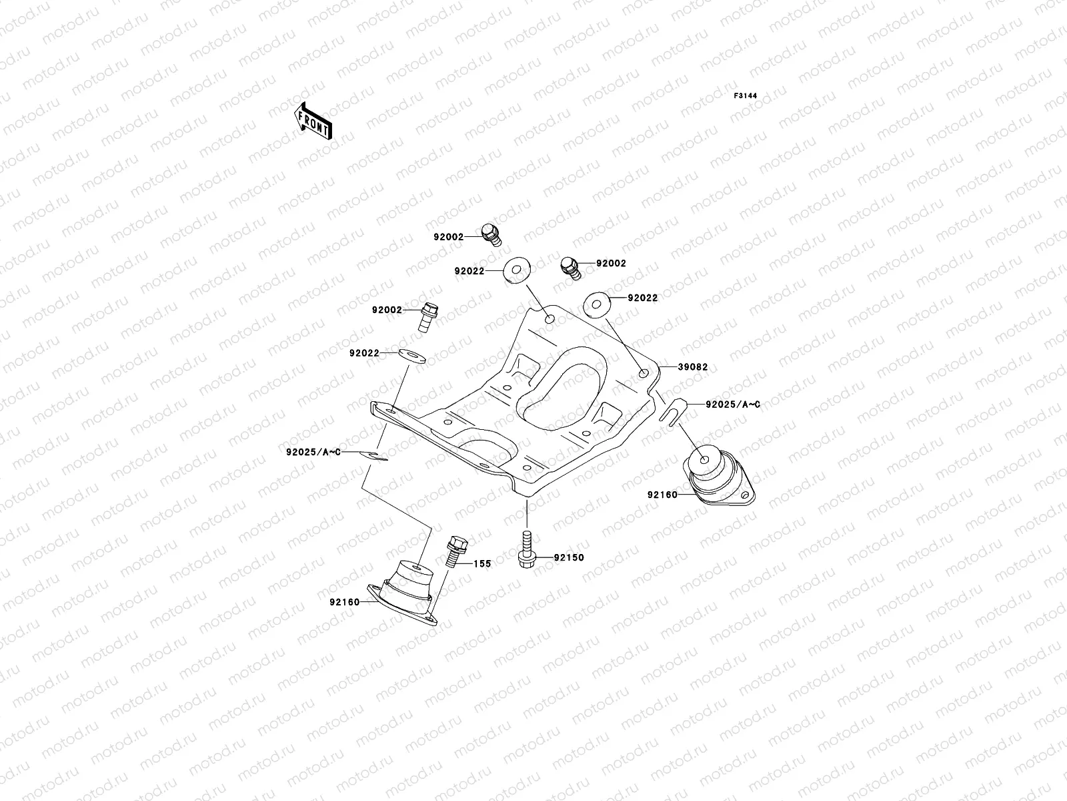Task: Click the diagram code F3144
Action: tap(746, 96)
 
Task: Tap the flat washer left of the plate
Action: tap(411, 354)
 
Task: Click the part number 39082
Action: tap(692, 367)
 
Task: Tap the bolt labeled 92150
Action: tap(525, 549)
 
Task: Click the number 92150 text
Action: tap(568, 557)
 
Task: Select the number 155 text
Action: tap(482, 564)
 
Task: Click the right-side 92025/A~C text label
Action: tap(724, 405)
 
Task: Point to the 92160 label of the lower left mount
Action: tap(344, 602)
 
